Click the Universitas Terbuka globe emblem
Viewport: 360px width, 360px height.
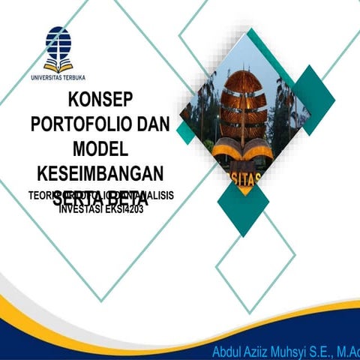[x=58, y=47]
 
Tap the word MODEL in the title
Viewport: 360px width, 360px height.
[x=99, y=148]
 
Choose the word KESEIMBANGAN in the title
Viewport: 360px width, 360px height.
[x=99, y=173]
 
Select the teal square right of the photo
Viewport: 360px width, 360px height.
[x=313, y=90]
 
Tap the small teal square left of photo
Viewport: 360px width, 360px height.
[x=186, y=133]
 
